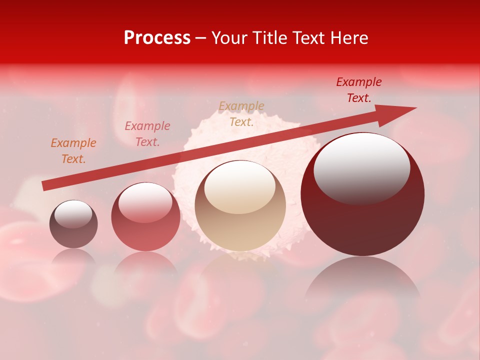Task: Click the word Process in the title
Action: coord(157,38)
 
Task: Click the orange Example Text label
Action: coord(73,151)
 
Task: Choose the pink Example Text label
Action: coord(147,134)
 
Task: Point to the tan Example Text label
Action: coord(241,114)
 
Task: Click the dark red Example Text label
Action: coord(359,90)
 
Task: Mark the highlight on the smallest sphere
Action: coord(73,214)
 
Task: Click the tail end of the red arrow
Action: coord(46,185)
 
